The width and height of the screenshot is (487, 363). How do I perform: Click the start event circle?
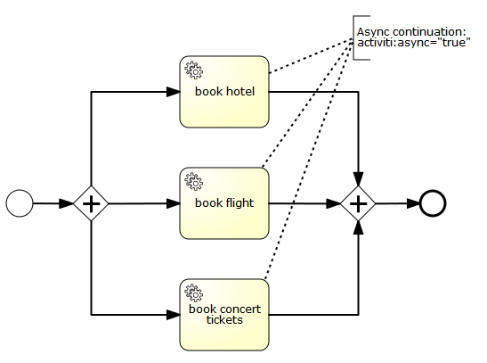point(20,203)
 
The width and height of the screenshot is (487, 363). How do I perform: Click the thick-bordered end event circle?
point(433,203)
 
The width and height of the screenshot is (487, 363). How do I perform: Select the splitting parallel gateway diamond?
point(91,203)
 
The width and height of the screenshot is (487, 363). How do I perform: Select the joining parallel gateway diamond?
point(358,203)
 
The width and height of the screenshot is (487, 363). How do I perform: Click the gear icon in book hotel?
point(193,69)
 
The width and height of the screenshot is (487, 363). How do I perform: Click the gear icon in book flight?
point(193,180)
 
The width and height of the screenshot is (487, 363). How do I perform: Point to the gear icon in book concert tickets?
point(193,292)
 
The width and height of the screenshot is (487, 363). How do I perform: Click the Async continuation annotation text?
point(412,37)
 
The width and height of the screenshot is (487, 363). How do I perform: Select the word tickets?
point(224,319)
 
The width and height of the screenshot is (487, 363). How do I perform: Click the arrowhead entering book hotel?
point(173,91)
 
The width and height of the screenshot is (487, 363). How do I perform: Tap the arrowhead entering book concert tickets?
point(173,315)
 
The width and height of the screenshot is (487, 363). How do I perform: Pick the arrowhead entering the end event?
point(412,203)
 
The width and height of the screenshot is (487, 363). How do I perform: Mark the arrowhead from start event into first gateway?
point(67,203)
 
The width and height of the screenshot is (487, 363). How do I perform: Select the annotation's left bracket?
point(355,37)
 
